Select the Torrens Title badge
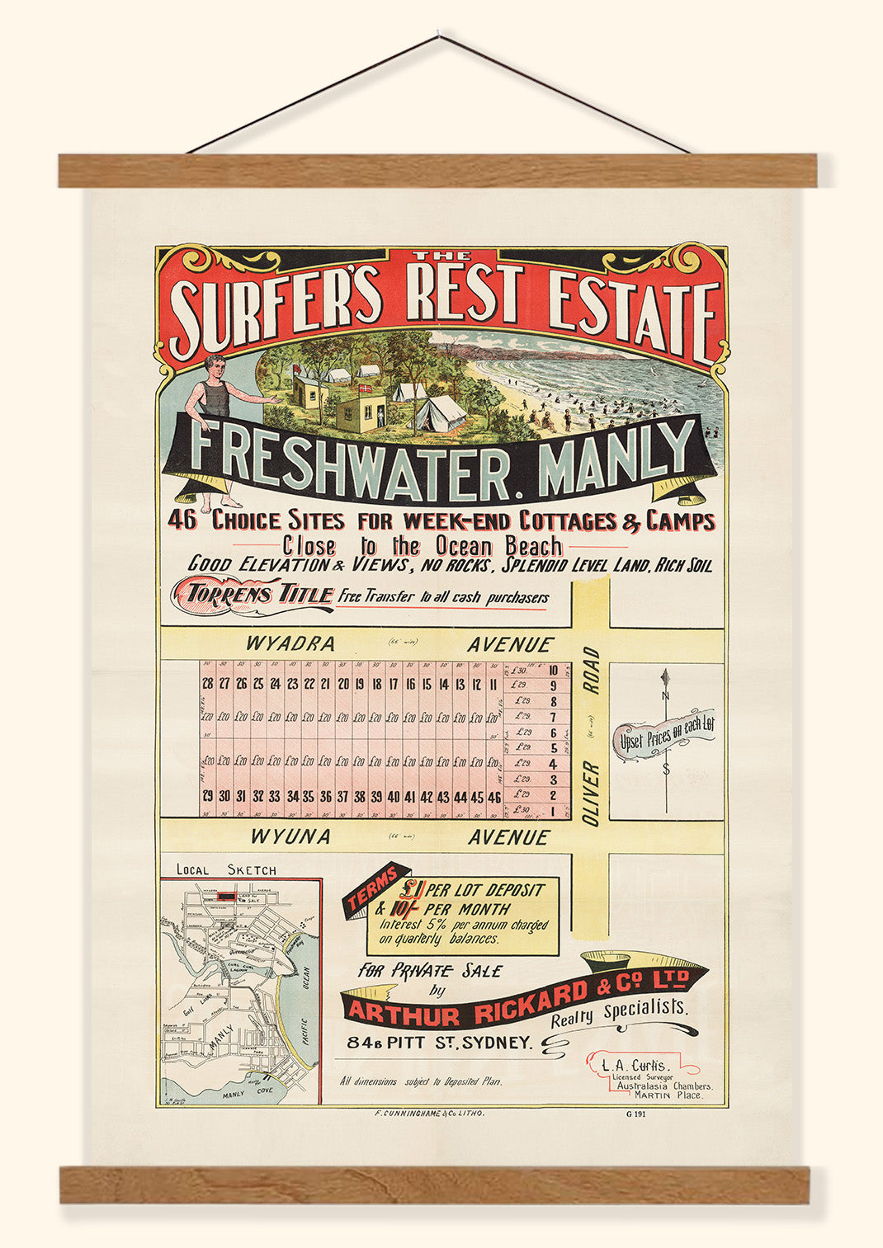point(253,594)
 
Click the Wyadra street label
point(290,644)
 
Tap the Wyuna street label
point(290,836)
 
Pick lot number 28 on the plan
point(207,684)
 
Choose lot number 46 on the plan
point(494,797)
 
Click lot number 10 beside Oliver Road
point(554,670)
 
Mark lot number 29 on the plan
point(207,797)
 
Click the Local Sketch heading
point(227,869)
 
